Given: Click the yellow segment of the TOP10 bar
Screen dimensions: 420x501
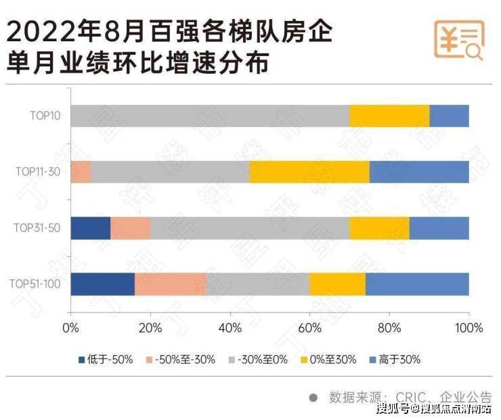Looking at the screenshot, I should (x=389, y=116).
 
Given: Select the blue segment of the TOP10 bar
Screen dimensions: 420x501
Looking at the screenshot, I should (x=449, y=116).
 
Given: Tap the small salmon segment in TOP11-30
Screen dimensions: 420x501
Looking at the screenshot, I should (x=80, y=172).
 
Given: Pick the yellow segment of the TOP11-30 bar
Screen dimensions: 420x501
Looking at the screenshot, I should (x=309, y=172).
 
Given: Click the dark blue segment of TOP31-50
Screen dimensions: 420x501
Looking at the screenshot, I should (x=90, y=227).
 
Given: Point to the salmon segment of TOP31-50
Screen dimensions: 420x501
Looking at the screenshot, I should (x=130, y=227).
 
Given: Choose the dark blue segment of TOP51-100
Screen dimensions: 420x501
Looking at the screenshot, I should (x=102, y=283).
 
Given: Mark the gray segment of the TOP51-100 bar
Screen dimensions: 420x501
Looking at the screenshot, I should (x=258, y=283).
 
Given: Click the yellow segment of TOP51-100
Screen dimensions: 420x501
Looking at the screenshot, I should (x=337, y=283).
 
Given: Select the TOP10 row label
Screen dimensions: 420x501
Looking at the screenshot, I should (x=45, y=116).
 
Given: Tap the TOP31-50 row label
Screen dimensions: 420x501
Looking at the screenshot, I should (x=37, y=227).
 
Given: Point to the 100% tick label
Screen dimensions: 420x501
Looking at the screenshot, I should (x=468, y=328).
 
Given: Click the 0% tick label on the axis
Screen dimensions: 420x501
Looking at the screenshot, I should (x=70, y=328).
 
